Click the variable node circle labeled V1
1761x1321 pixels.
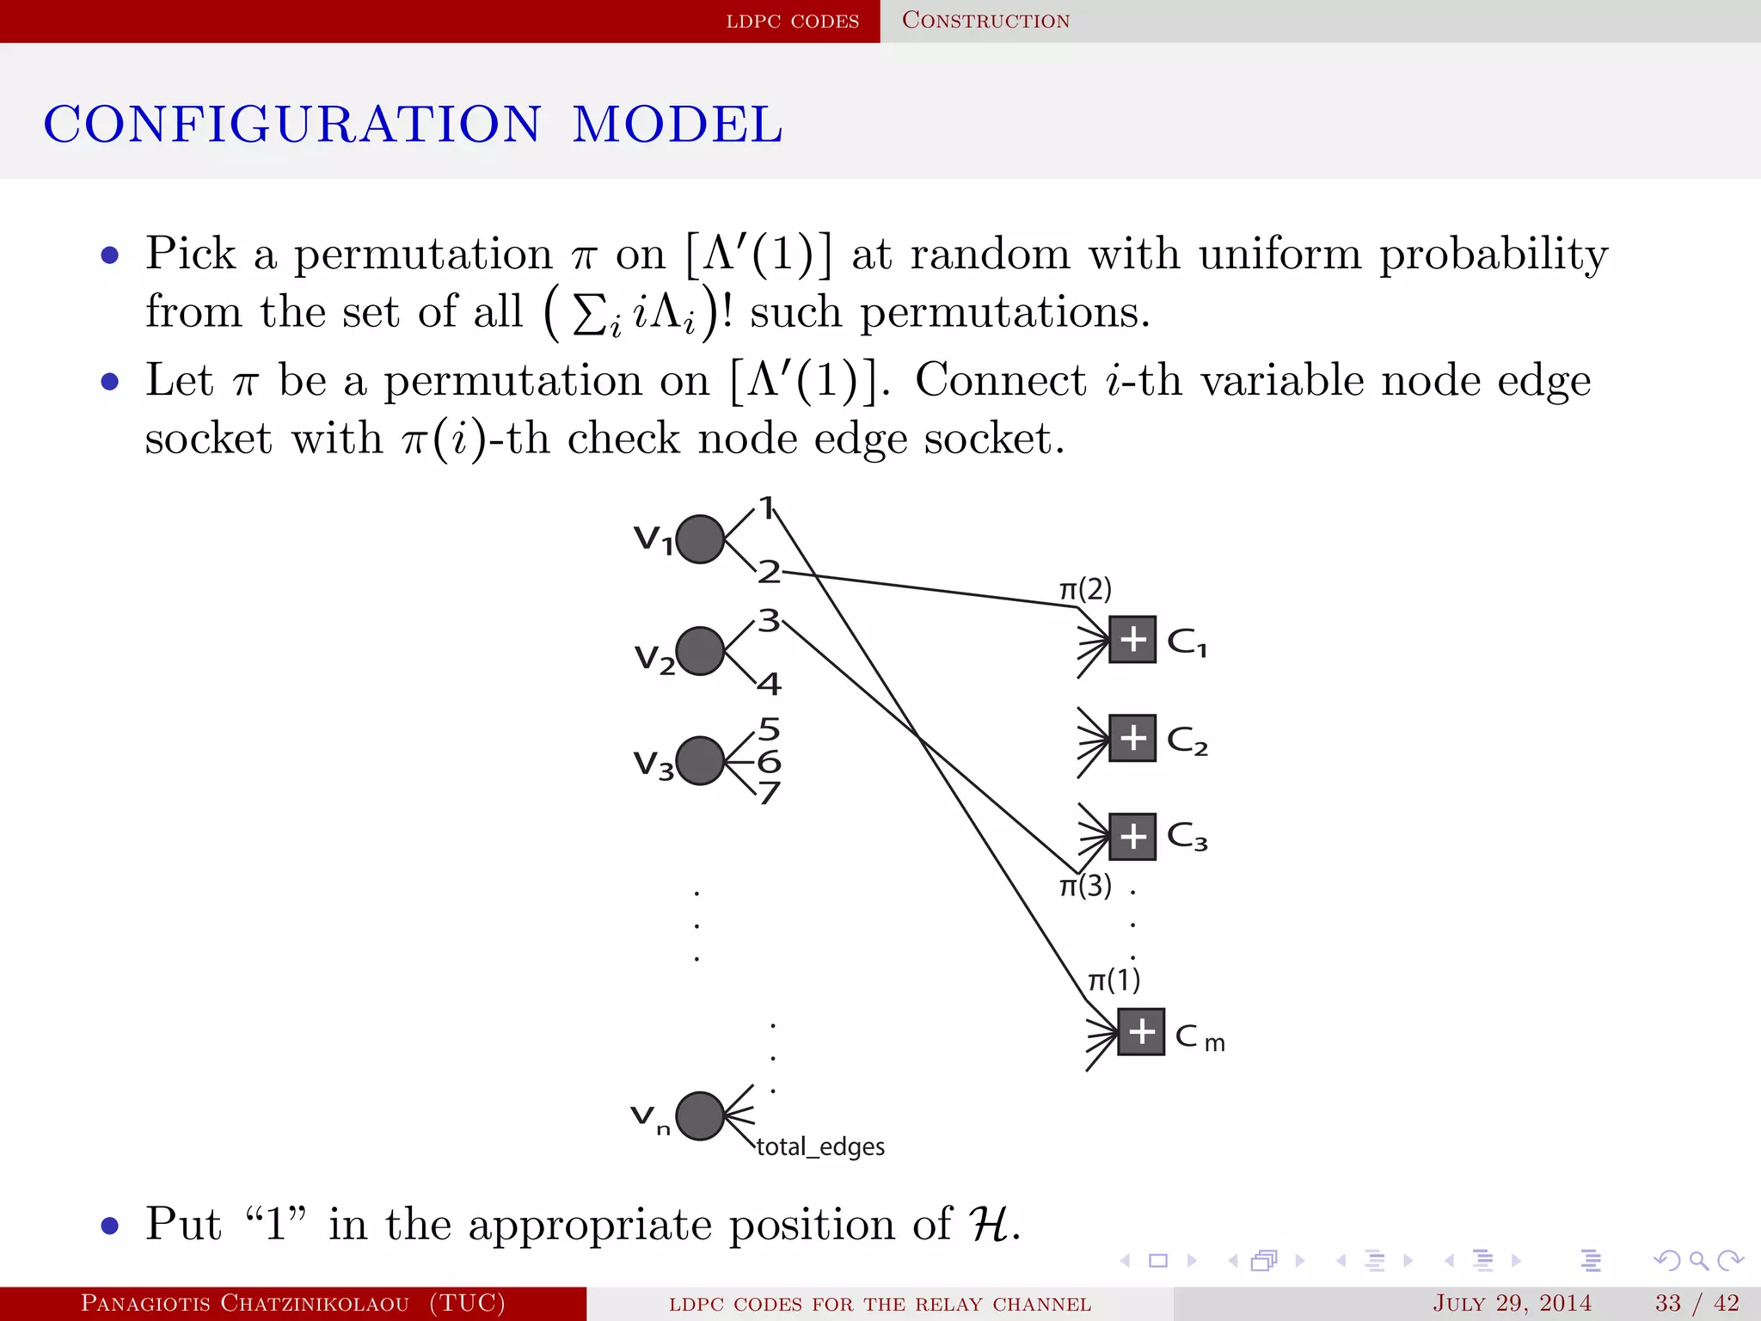(x=700, y=539)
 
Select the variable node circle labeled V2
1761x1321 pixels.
(x=700, y=651)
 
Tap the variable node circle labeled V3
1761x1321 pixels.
(x=700, y=761)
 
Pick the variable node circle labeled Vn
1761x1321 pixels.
(x=700, y=1116)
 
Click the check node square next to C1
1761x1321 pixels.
(x=1132, y=639)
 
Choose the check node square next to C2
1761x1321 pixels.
(x=1132, y=738)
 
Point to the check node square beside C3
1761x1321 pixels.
(x=1132, y=836)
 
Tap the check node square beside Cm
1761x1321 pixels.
(x=1141, y=1032)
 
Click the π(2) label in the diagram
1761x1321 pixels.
(x=1085, y=590)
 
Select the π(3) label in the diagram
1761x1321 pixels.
(x=1085, y=886)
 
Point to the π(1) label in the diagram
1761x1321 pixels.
(x=1114, y=980)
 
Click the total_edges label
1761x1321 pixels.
(x=820, y=1146)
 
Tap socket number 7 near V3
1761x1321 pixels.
(x=770, y=792)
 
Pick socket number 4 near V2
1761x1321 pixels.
(x=770, y=685)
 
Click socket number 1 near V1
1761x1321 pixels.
(x=766, y=507)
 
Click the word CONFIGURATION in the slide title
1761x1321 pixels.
(x=292, y=124)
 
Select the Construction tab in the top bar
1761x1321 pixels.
(x=985, y=21)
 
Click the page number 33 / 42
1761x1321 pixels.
(x=1697, y=1303)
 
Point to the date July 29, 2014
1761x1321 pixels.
(x=1512, y=1303)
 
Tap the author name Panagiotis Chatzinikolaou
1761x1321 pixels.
(x=245, y=1303)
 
